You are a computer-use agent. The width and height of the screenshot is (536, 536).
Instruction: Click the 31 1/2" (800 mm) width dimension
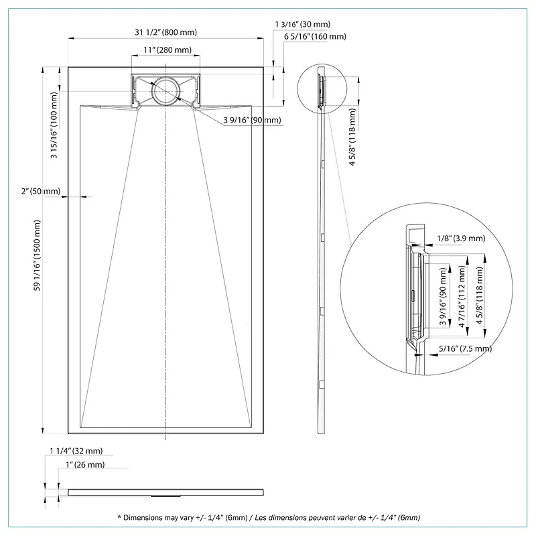tap(165, 32)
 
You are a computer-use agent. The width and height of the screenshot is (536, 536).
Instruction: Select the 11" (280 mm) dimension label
tap(167, 50)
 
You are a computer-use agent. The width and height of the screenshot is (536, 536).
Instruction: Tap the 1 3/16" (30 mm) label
tap(303, 24)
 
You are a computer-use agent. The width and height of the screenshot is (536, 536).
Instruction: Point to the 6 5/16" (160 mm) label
tap(315, 37)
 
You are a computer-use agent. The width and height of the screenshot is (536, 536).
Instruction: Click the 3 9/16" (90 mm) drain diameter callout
tap(253, 120)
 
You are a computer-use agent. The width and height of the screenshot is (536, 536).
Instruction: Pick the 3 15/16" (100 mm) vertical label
tap(54, 125)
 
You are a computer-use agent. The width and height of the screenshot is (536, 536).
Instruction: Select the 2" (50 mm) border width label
tap(41, 191)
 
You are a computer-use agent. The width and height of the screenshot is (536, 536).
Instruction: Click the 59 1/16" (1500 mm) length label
tap(37, 255)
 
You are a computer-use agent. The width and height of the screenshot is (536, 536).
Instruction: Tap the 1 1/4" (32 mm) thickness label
tap(76, 451)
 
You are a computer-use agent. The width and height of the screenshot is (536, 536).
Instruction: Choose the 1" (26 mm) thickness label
tap(85, 464)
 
